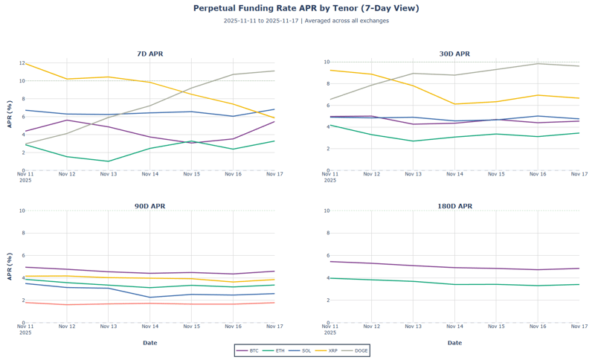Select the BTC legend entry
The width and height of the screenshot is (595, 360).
click(248, 350)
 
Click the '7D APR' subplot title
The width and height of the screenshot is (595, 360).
click(150, 54)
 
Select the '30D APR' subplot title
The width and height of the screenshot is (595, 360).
click(454, 54)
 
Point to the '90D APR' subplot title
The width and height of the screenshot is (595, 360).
click(150, 206)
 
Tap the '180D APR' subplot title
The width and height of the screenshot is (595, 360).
click(454, 206)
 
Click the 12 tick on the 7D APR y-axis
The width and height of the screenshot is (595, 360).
click(22, 63)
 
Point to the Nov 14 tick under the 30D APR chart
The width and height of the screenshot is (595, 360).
click(454, 174)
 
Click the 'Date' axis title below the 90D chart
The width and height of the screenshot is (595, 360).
click(150, 343)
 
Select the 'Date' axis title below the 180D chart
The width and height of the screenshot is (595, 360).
click(454, 343)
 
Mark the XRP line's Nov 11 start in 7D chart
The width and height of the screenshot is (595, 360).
click(26, 64)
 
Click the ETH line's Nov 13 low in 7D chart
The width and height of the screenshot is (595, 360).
click(109, 161)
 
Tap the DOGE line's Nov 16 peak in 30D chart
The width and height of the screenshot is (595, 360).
click(538, 63)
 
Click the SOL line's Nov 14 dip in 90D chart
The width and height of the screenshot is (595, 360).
click(150, 298)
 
